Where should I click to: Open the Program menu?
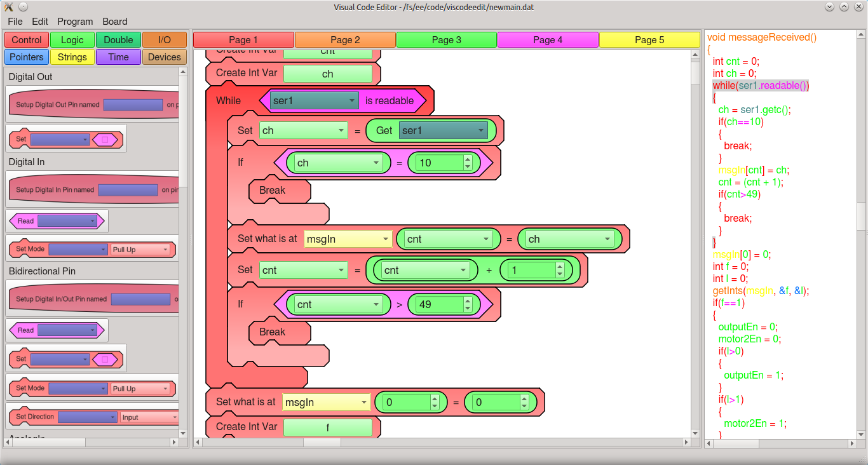point(75,22)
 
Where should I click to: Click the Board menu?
point(114,22)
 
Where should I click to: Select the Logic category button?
point(72,40)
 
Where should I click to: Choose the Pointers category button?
point(27,57)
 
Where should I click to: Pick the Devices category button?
point(165,57)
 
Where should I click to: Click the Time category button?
point(118,57)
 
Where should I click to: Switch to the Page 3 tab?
point(446,40)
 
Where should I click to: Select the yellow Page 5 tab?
point(649,40)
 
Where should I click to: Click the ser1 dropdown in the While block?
point(314,100)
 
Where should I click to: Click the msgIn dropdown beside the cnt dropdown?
point(348,239)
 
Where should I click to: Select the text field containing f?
point(327,428)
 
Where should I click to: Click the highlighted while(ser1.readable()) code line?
point(761,86)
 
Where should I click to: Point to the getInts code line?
point(761,291)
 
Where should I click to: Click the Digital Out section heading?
point(31,77)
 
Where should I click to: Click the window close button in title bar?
point(858,7)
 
